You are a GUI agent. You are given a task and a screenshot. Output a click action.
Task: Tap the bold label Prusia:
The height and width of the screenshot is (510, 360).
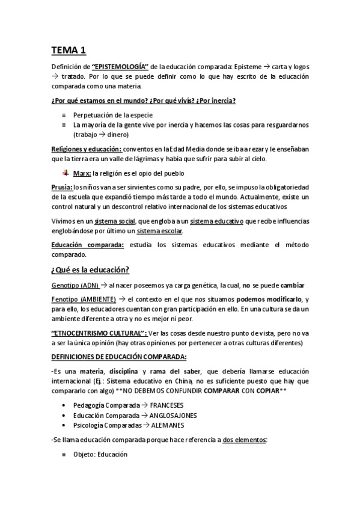pyautogui.click(x=62, y=188)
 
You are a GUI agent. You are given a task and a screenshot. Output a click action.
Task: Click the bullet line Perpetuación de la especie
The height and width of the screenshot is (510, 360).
pyautogui.click(x=104, y=114)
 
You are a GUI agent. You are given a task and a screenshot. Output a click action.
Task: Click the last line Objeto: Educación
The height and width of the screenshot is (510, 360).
pyautogui.click(x=100, y=455)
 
